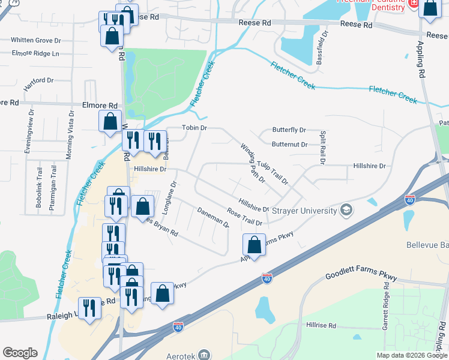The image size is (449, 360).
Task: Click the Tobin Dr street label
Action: pos(194,128)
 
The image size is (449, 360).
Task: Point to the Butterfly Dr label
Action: pos(289,130)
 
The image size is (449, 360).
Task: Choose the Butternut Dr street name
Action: pos(289,144)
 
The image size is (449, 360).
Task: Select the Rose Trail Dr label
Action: pos(244,217)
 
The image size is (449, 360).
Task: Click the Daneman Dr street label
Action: pos(213,217)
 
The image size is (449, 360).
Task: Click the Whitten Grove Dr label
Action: pos(36,40)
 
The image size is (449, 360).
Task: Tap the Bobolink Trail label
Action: pos(38,191)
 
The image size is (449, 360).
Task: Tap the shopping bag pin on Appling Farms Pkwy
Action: pos(254,245)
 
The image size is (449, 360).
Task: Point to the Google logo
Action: pos(20,353)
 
